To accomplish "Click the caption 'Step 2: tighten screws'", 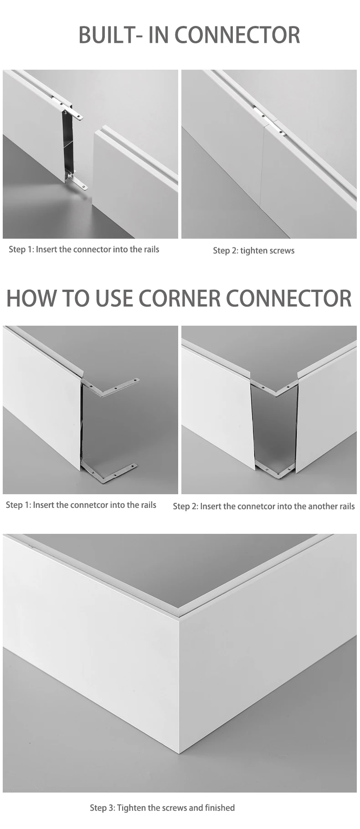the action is (x=253, y=251).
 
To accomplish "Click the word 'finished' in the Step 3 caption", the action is (x=220, y=808).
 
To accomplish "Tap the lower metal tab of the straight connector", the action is (x=77, y=181).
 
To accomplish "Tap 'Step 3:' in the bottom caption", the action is (x=102, y=808).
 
